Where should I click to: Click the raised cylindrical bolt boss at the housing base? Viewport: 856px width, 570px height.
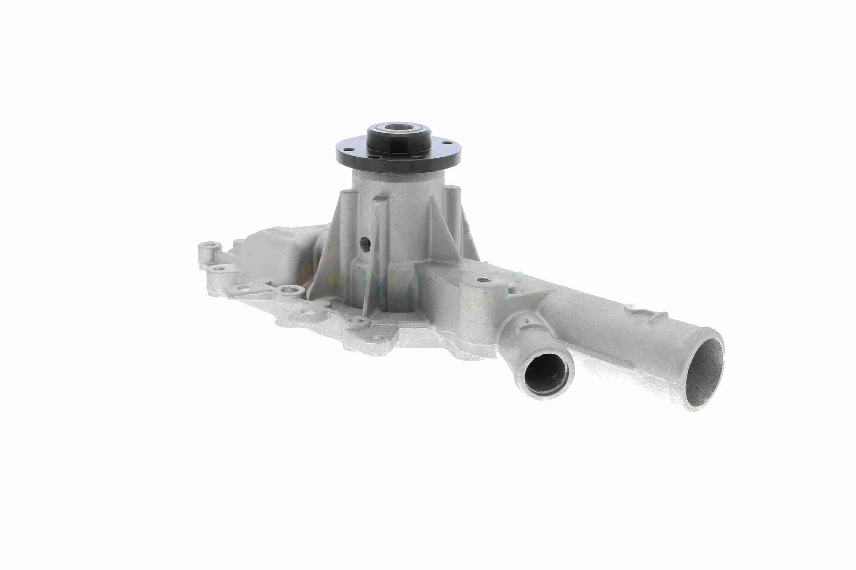click(x=290, y=291)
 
